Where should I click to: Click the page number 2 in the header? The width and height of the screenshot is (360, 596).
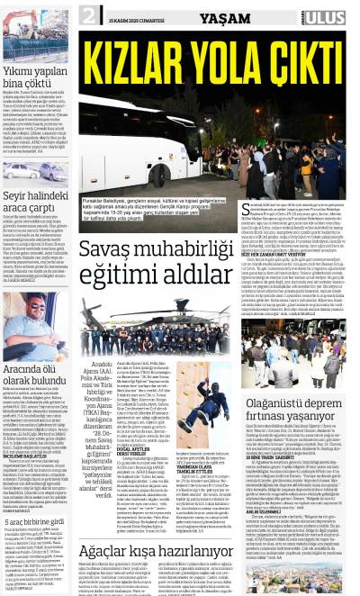[88, 16]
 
